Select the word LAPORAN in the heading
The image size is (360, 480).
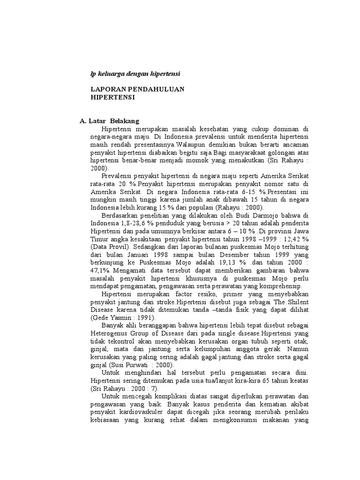point(107,89)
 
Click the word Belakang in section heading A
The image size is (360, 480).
point(124,121)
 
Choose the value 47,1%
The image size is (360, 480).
point(100,270)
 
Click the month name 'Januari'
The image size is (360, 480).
point(133,255)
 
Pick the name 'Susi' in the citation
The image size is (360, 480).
point(125,365)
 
